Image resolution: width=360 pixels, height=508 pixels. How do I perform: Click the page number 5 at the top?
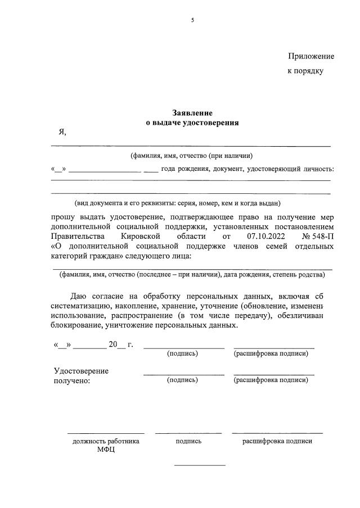tap(192, 20)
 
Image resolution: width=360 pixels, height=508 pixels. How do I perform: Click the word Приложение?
tap(311, 56)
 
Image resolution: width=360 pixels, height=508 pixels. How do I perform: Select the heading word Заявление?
tap(192, 113)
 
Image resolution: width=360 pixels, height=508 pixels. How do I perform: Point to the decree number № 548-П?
tap(318, 237)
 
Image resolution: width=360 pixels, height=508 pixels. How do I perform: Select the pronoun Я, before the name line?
tap(62, 132)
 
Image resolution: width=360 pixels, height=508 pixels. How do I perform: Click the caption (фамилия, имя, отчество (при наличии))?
tap(191, 156)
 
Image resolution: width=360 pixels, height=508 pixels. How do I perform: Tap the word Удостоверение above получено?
tap(81, 371)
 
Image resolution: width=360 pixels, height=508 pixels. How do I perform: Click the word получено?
tap(71, 380)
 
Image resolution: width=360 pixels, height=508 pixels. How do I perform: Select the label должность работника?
tap(106, 441)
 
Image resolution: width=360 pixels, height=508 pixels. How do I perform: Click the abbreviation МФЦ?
tap(105, 451)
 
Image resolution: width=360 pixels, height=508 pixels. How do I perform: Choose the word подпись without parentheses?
tap(188, 441)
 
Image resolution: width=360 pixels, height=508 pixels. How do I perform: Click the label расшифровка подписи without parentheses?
tap(277, 441)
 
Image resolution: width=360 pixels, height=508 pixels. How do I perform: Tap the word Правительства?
tap(77, 237)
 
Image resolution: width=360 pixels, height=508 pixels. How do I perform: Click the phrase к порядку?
tap(305, 71)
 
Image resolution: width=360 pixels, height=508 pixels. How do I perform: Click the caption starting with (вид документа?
tap(177, 203)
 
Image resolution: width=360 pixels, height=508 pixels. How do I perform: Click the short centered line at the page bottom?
tap(200, 465)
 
